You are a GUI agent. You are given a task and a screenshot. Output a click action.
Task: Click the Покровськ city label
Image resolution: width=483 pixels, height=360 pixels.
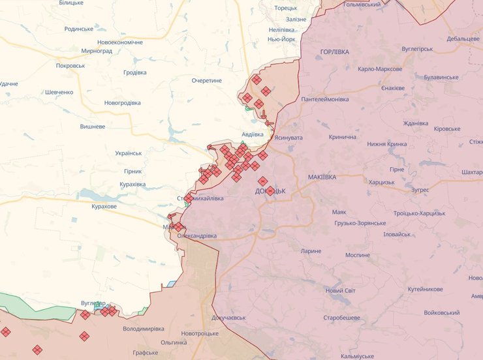(x=70, y=66)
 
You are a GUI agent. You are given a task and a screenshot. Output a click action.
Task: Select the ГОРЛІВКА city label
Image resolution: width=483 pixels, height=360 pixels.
(x=335, y=52)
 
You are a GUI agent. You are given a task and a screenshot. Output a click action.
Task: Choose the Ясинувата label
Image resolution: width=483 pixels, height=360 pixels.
(x=288, y=138)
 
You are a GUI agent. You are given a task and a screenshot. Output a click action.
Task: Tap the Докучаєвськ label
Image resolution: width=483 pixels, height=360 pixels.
(x=228, y=318)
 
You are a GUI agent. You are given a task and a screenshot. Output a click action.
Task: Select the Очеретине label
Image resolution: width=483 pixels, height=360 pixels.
(x=207, y=80)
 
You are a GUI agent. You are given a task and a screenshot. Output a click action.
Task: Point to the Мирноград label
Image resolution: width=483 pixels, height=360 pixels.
(x=97, y=51)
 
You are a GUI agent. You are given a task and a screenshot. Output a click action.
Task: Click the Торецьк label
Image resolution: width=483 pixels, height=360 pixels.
(x=286, y=8)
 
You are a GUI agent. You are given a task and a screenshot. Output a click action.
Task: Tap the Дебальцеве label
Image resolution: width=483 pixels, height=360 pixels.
(x=463, y=39)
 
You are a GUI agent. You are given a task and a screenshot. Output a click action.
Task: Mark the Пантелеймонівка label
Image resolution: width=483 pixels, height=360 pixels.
(x=325, y=99)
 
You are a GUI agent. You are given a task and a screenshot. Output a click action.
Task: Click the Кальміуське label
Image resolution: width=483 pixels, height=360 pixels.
(x=356, y=356)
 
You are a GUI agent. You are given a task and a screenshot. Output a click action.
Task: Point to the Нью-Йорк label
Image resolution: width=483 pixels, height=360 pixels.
(x=283, y=39)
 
